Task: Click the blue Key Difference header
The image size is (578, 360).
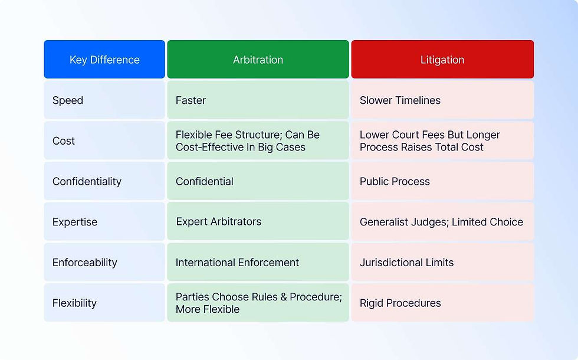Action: pos(104,60)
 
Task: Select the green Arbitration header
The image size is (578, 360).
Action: pos(258,60)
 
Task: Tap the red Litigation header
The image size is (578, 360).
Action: pos(442,60)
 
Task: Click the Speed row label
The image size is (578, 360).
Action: pos(68,100)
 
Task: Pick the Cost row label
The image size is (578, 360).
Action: pos(64,141)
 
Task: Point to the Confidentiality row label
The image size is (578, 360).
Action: pos(87,181)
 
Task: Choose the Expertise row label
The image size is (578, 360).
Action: pos(75,222)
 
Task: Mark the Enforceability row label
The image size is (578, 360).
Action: pos(85,263)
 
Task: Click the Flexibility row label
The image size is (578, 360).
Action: pos(74,303)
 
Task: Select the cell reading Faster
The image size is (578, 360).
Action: pos(191,100)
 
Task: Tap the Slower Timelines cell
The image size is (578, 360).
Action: pos(400,100)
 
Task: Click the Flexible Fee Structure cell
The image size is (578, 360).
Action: pos(248,141)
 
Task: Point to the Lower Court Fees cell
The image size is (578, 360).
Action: pos(429,141)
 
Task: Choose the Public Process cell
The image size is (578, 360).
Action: pos(395,181)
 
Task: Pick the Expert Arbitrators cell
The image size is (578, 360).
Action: pos(219,222)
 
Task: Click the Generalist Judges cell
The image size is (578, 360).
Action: pos(441,222)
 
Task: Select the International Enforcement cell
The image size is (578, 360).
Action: pos(237,263)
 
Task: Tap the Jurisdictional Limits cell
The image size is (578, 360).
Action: pos(406,263)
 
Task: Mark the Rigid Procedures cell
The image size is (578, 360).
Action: pos(400,303)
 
